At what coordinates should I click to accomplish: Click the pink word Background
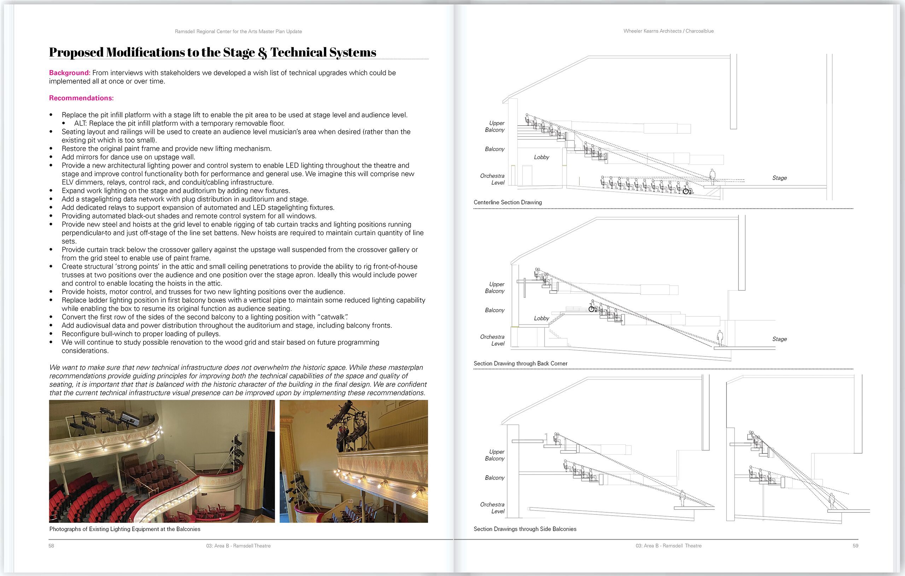click(69, 72)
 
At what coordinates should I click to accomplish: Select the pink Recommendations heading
click(81, 98)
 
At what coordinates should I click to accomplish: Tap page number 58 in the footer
click(52, 546)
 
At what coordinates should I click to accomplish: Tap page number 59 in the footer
click(856, 546)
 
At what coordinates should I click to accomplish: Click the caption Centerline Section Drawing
click(507, 202)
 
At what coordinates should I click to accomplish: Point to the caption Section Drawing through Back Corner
click(520, 363)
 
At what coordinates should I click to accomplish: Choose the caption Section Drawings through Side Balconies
click(525, 529)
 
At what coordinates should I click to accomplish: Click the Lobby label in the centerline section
click(541, 157)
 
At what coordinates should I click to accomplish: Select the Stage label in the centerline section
click(779, 178)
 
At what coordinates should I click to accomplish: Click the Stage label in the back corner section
click(779, 339)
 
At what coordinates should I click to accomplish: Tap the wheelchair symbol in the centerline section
click(686, 191)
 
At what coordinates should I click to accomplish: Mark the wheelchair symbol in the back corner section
click(592, 309)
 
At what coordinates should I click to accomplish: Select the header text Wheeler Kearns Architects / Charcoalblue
click(668, 31)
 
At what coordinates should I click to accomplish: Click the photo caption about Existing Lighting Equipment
click(125, 529)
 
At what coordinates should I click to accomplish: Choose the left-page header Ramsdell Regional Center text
click(238, 31)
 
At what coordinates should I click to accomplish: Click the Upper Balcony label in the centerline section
click(496, 126)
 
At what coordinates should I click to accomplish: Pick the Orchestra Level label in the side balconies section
click(493, 507)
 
